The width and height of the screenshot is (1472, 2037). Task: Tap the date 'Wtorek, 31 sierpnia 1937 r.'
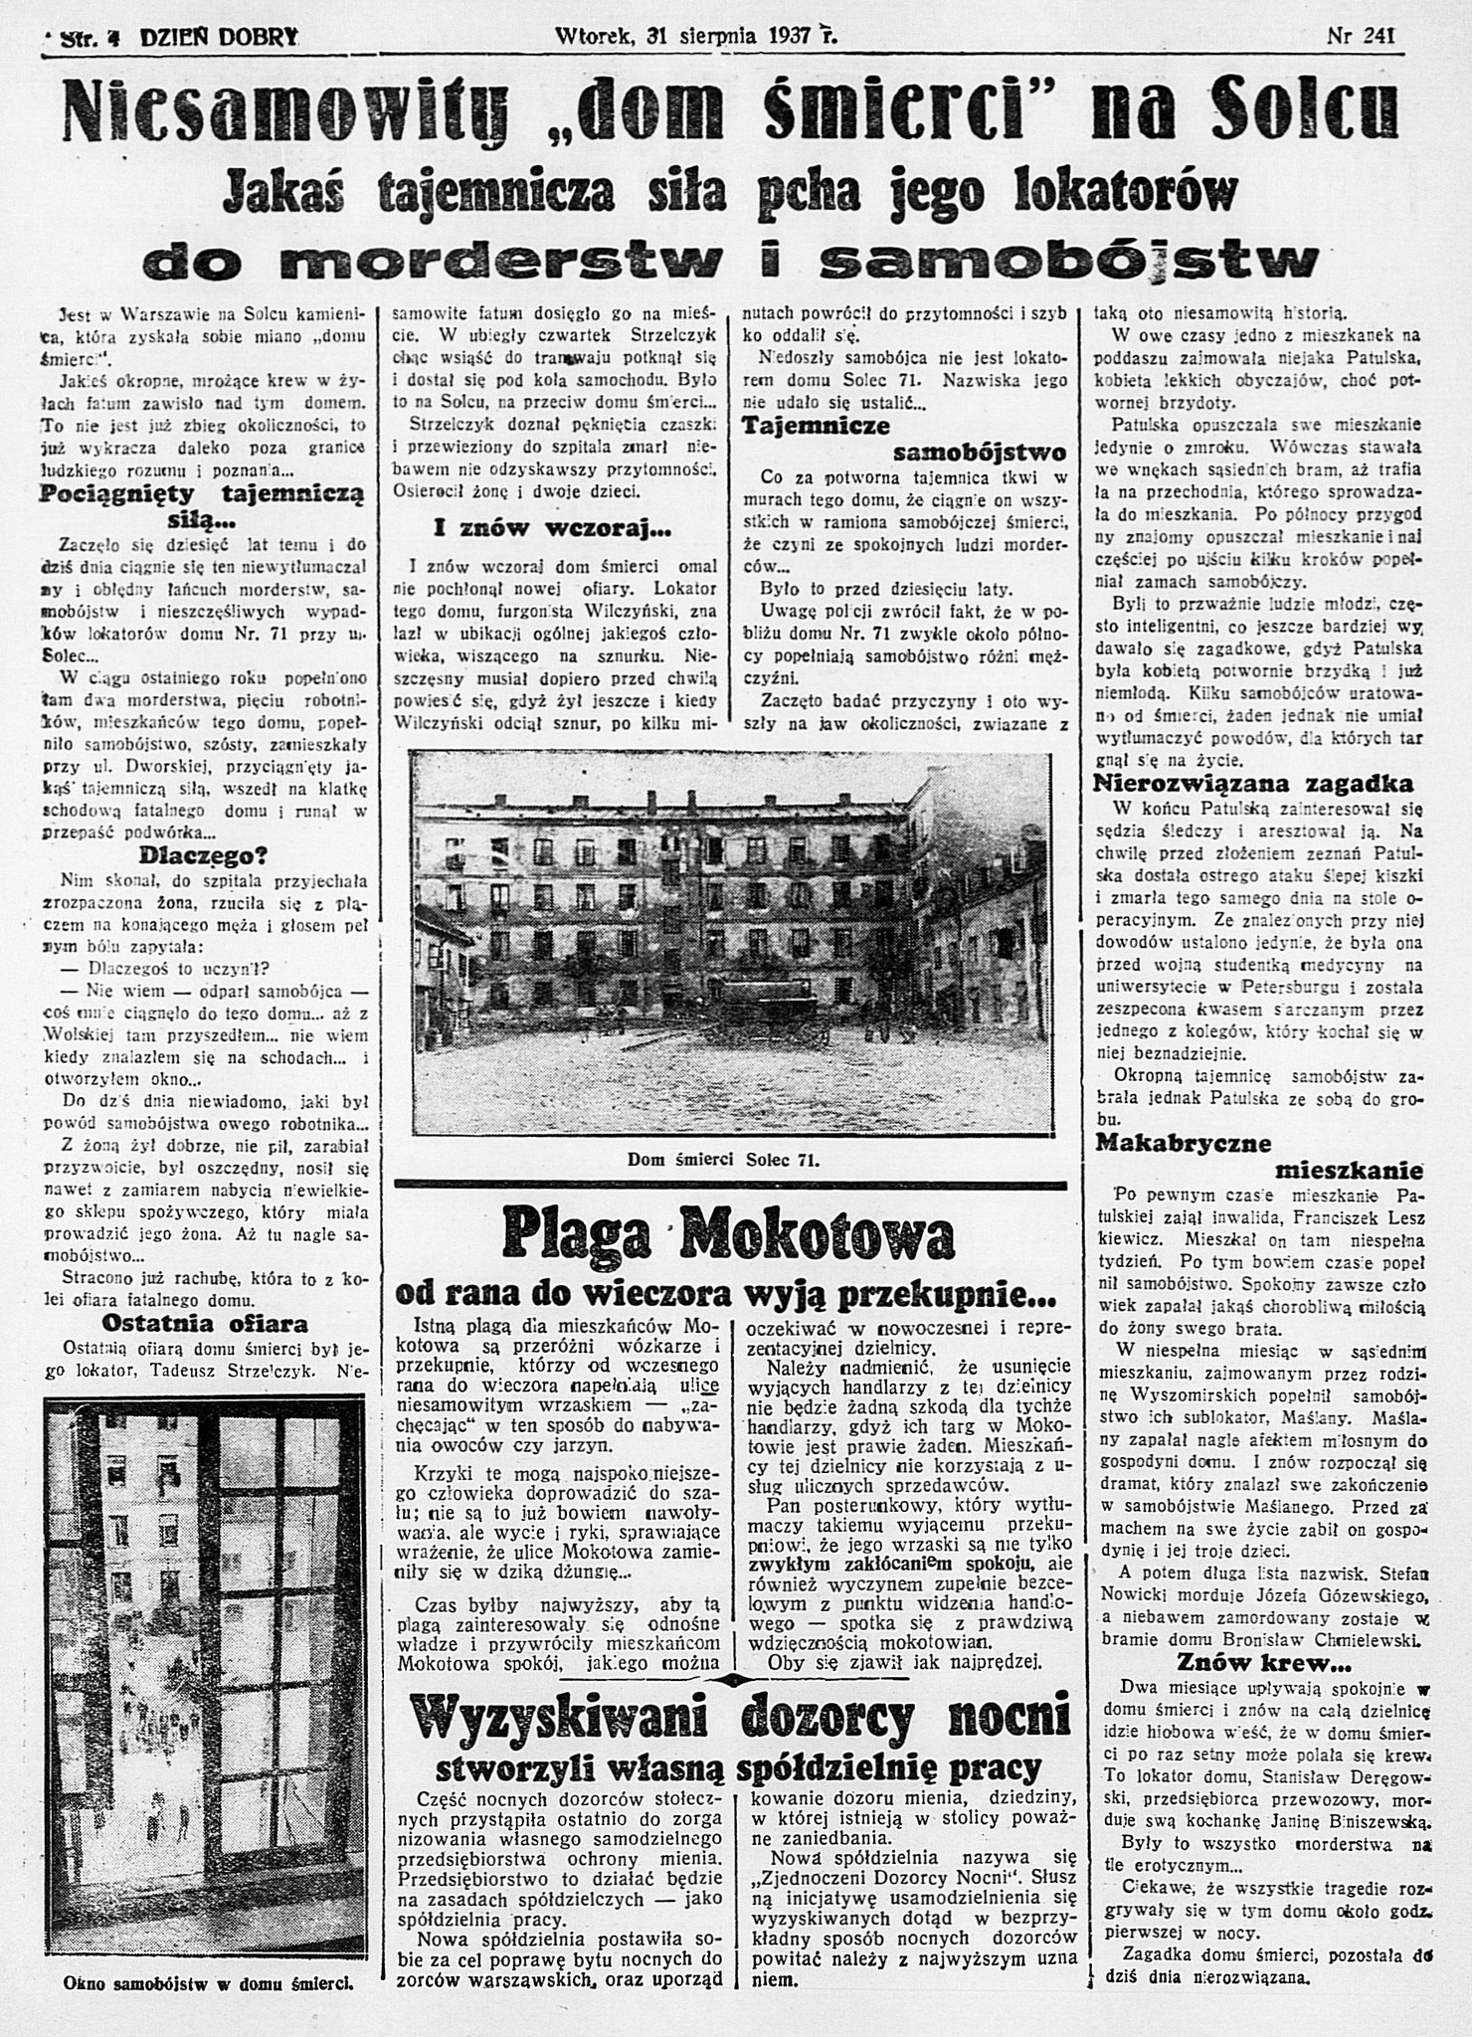(696, 38)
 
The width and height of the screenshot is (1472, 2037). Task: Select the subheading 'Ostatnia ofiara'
(205, 1323)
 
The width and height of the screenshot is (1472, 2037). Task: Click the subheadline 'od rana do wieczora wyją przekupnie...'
(726, 1293)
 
